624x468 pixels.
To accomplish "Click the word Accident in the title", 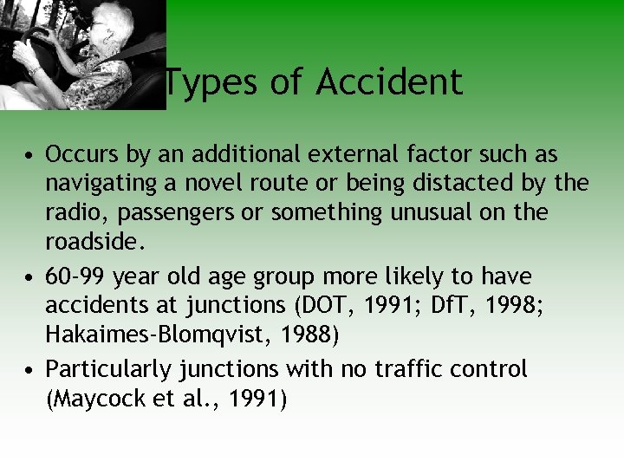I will pyautogui.click(x=389, y=83).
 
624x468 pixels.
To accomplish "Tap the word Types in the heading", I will pyautogui.click(x=206, y=83).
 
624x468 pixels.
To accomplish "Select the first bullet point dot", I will pyautogui.click(x=30, y=157).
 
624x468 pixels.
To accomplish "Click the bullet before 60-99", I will pyautogui.click(x=30, y=278).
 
